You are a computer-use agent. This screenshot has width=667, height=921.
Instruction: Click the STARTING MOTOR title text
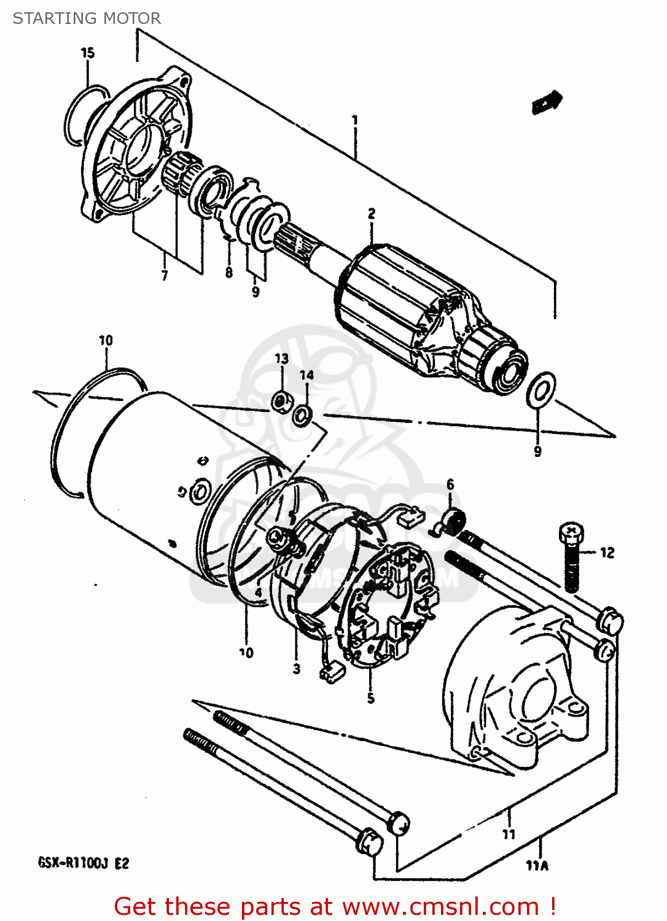click(x=87, y=18)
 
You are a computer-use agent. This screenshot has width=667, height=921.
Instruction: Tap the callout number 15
click(x=88, y=53)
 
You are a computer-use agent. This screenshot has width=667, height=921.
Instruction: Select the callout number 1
click(x=354, y=120)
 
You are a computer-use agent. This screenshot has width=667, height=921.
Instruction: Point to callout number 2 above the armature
click(x=372, y=214)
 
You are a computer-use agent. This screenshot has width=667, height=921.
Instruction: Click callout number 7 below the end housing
click(x=164, y=276)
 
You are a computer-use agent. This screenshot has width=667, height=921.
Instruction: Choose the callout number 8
click(x=229, y=272)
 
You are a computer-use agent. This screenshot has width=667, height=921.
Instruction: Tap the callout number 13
click(x=281, y=359)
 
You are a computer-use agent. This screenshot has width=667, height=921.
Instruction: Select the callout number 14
click(x=306, y=375)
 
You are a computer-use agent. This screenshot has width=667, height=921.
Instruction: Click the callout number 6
click(x=450, y=485)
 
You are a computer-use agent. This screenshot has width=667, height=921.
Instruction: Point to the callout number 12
click(x=607, y=553)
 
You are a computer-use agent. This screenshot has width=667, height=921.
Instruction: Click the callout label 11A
click(x=537, y=866)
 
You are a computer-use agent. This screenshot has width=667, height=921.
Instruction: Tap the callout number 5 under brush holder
click(x=370, y=698)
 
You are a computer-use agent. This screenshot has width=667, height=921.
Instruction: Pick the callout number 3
click(x=296, y=669)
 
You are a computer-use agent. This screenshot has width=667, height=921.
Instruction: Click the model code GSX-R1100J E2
click(x=84, y=863)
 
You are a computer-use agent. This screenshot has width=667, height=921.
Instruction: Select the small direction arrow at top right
click(x=546, y=102)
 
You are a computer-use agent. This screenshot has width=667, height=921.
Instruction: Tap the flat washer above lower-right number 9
click(x=541, y=390)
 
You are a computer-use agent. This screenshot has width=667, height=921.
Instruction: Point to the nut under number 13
click(x=281, y=402)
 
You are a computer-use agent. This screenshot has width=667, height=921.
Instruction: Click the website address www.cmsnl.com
click(x=440, y=907)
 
